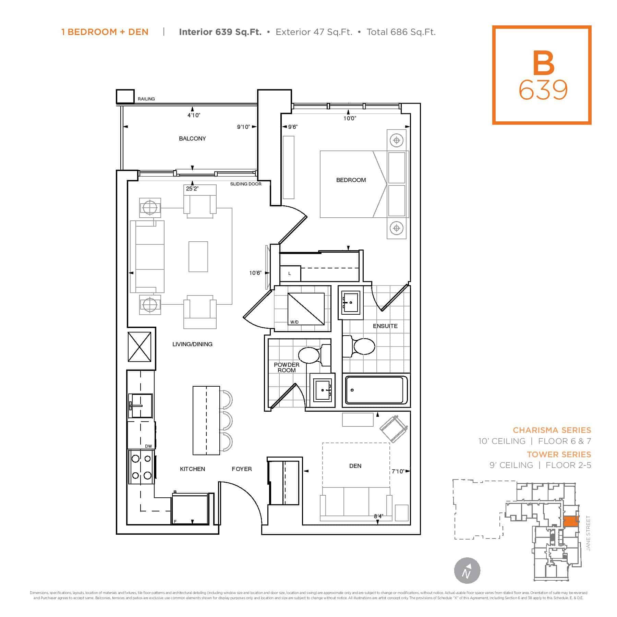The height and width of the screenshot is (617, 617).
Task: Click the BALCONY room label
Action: tap(192, 138)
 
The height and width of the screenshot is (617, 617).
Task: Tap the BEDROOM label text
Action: tap(351, 180)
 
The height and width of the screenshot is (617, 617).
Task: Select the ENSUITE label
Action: tap(385, 326)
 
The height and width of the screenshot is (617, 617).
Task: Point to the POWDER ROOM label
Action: tap(287, 367)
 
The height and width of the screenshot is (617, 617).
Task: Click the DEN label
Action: tap(355, 466)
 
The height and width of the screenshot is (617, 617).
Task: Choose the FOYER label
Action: tap(242, 469)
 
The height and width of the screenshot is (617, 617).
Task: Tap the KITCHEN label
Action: tap(192, 469)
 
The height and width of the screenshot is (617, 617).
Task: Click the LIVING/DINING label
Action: tap(192, 344)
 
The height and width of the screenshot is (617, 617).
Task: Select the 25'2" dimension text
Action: tap(192, 189)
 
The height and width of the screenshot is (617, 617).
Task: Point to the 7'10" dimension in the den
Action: tap(398, 472)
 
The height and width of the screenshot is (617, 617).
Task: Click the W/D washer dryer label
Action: tap(294, 322)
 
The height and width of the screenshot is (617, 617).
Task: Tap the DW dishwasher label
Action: tap(148, 446)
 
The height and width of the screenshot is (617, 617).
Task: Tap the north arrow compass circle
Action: tap(467, 571)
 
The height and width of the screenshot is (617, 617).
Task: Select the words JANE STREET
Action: tap(588, 533)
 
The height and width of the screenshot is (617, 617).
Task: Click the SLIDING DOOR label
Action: tap(245, 184)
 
